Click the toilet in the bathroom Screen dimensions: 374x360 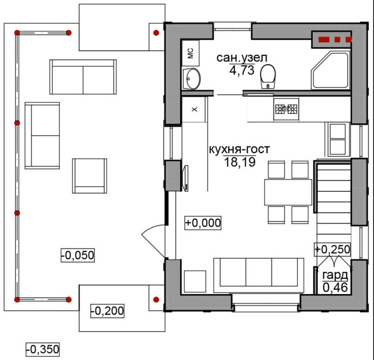click(x=268, y=77)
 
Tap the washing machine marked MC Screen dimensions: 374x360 click(x=191, y=53)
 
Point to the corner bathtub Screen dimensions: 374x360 click(x=330, y=70)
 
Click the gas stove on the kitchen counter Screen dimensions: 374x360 click(x=286, y=109)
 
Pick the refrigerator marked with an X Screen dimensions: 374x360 click(x=193, y=109)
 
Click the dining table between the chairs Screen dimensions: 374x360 click(x=288, y=192)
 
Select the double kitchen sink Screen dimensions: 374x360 click(x=338, y=139)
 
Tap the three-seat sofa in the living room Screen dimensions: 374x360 click(x=259, y=275)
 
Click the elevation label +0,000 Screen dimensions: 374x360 click(x=203, y=223)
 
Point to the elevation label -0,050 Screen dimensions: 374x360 click(x=78, y=255)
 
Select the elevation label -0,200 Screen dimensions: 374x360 click(x=108, y=311)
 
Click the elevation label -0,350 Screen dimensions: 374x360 click(x=42, y=350)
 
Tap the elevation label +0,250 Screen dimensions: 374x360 click(x=332, y=249)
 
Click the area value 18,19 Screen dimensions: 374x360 click(x=240, y=162)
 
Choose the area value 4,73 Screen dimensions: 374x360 click(x=242, y=70)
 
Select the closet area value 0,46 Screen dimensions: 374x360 click(x=335, y=287)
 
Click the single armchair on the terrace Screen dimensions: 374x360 click(x=90, y=176)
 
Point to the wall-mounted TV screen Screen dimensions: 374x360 click(x=185, y=178)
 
